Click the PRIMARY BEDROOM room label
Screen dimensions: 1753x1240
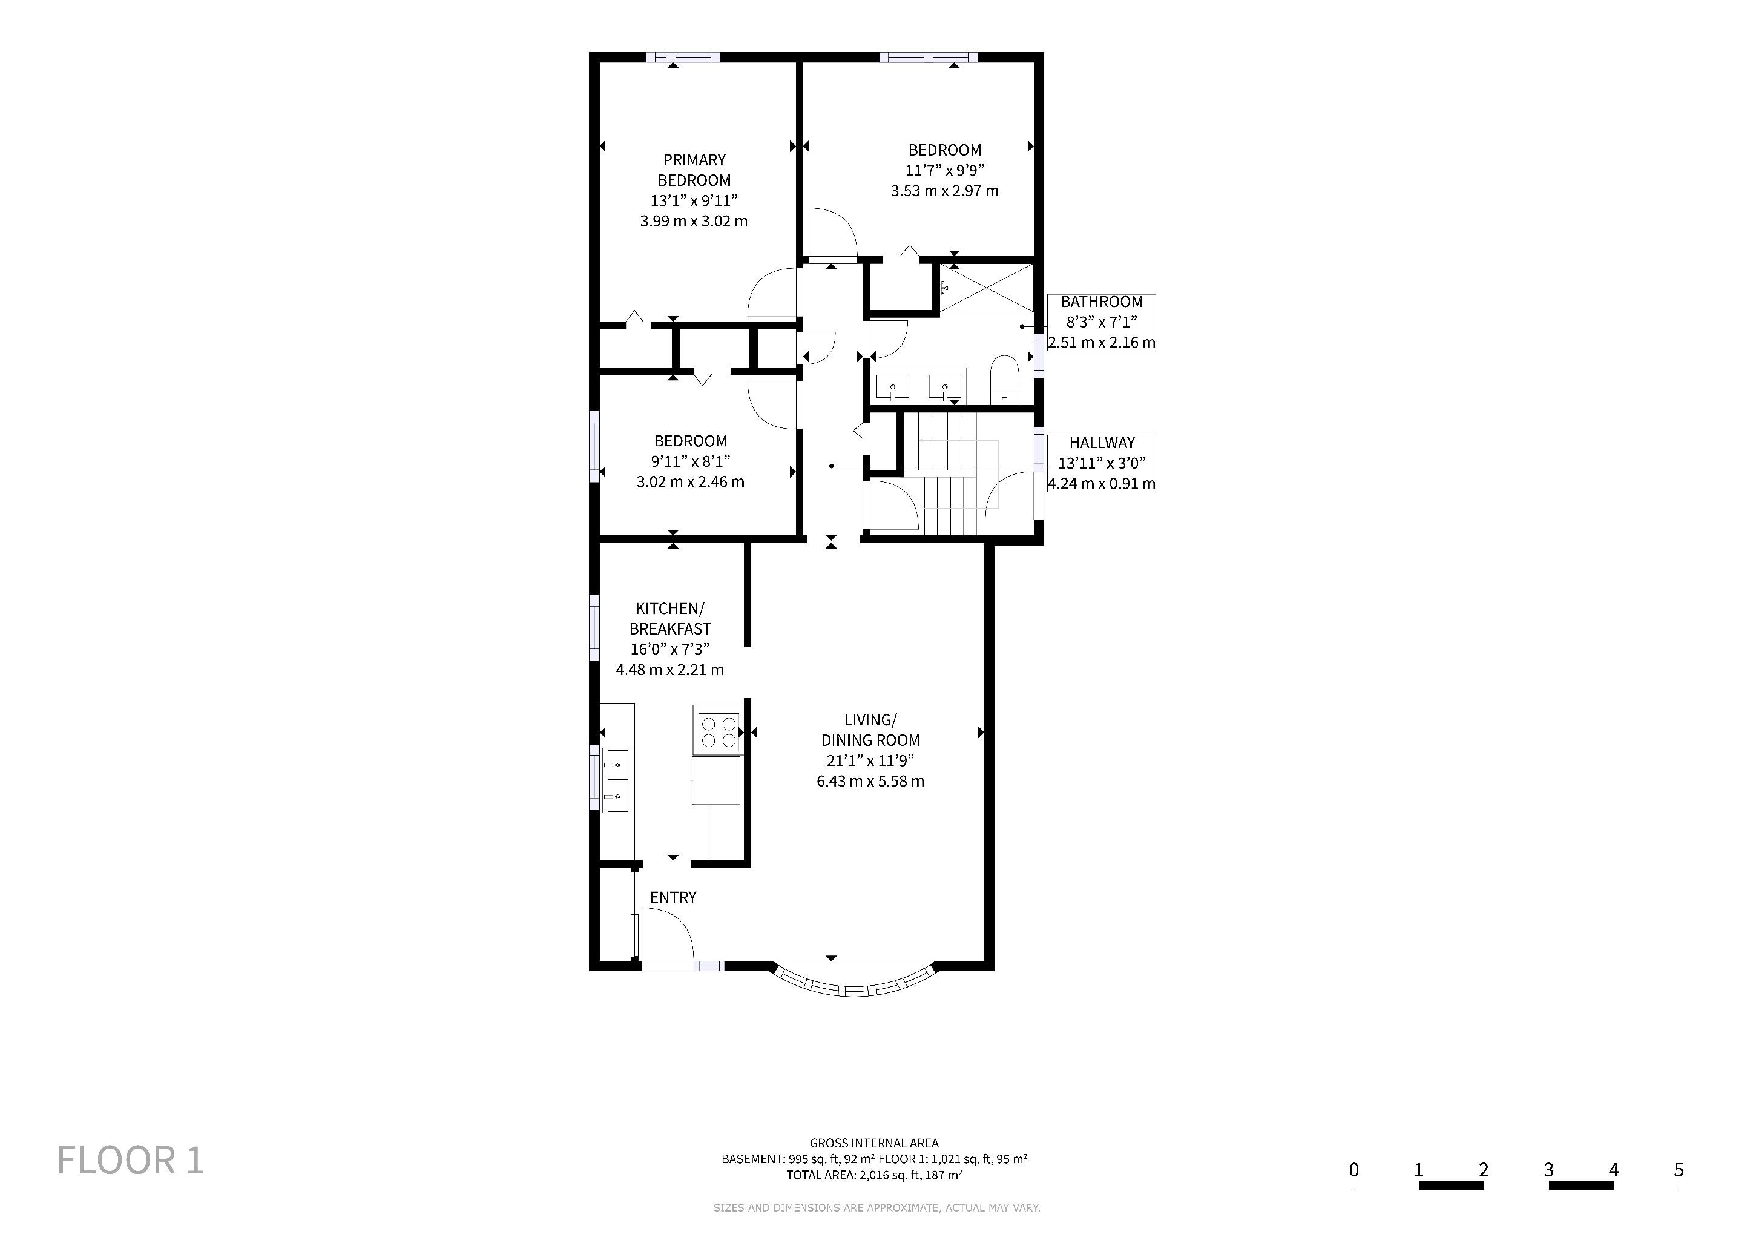coord(694,170)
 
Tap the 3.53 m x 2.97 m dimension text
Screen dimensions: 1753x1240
coord(944,191)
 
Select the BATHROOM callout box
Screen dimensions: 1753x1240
coord(1101,322)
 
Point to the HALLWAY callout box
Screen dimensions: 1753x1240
coord(1101,463)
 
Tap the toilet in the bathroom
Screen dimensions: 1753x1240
coord(1004,380)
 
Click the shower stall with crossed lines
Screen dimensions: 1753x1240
coord(987,288)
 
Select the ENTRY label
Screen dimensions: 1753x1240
coord(673,897)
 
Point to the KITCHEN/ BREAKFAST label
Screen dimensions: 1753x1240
coord(669,618)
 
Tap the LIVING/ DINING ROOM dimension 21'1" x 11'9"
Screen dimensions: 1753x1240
coord(870,760)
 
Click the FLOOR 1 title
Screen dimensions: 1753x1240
coord(131,1161)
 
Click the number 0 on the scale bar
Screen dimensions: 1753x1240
coord(1353,1170)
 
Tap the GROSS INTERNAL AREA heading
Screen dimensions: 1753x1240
coord(874,1143)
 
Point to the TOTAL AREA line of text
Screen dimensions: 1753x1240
coord(874,1175)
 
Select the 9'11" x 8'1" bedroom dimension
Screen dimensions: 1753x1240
coord(690,461)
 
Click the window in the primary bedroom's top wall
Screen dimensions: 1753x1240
coord(683,58)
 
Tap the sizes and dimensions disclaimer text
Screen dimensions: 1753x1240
coord(876,1209)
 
